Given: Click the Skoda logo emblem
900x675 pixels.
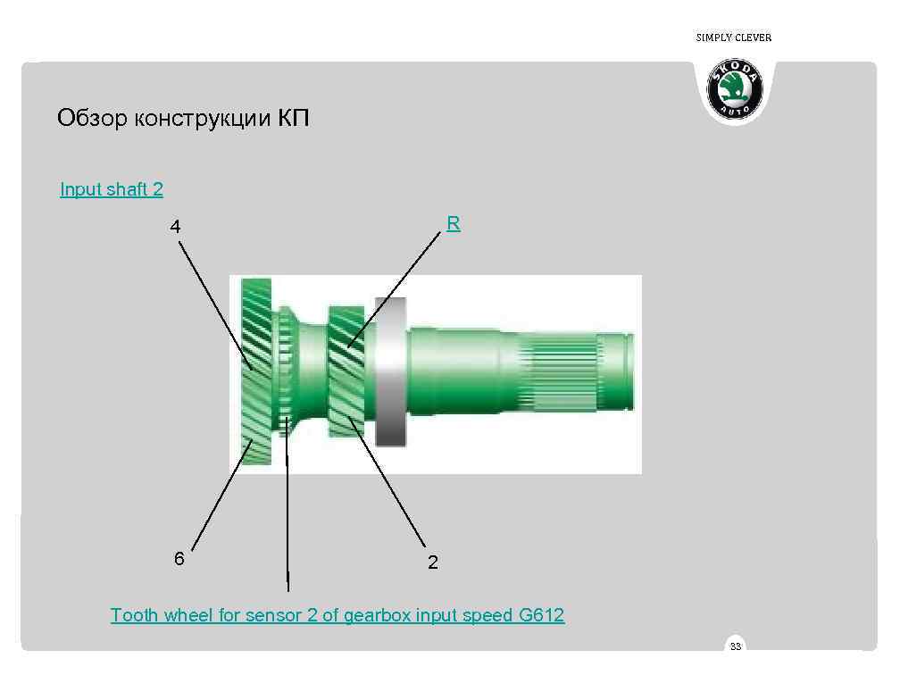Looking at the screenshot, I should point(735,90).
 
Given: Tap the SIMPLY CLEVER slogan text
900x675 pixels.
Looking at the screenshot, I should point(733,37).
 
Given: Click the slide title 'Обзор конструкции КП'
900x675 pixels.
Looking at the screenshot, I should point(183,118).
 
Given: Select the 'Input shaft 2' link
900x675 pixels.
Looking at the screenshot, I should point(112,189).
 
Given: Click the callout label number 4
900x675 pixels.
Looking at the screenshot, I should point(176,227).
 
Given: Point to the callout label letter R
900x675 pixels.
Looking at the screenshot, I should point(454,224).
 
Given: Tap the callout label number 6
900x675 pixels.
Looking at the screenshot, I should point(179,559).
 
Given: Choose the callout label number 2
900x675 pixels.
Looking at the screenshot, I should point(433,562).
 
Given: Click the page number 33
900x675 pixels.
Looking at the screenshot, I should point(736,646).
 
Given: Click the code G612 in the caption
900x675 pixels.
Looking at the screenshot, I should point(541,615).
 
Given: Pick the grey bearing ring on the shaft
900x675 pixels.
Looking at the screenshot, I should point(390,371).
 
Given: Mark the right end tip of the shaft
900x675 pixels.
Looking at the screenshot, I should point(630,371).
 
